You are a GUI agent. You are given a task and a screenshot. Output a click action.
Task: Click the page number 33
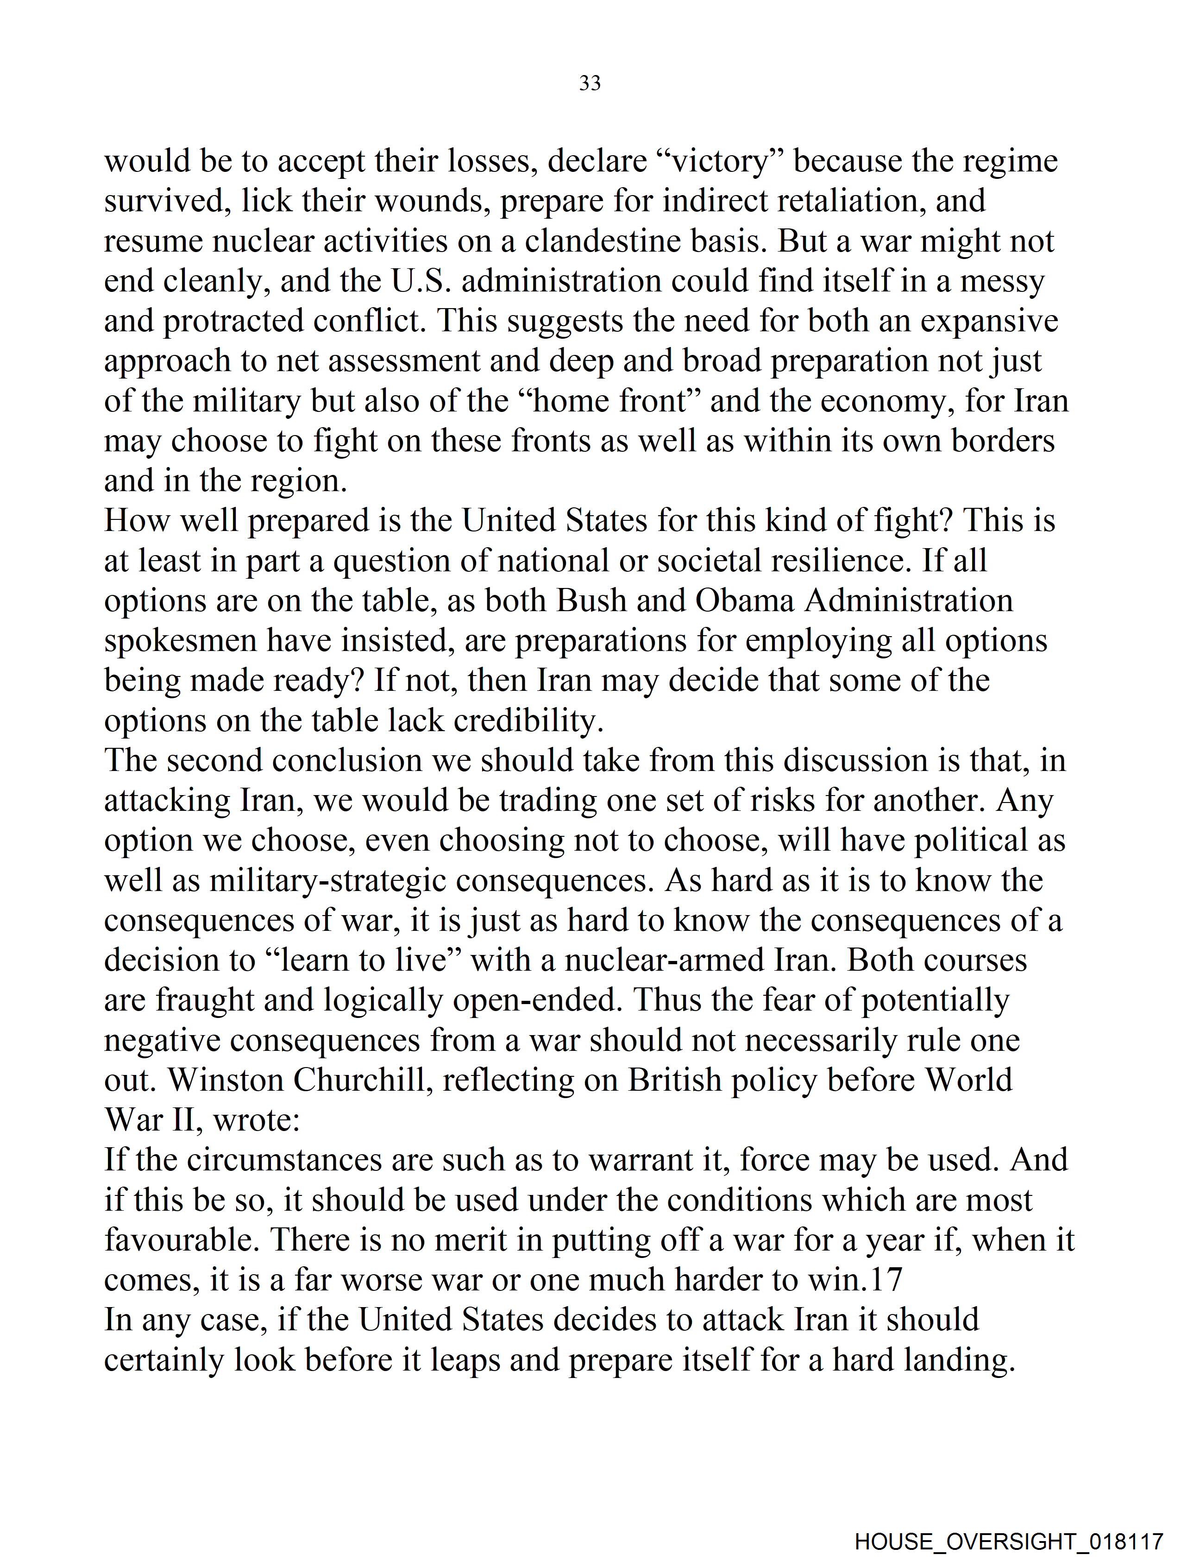tap(590, 83)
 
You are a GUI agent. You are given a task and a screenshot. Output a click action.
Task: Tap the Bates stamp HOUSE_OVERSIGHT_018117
tap(1008, 1541)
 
